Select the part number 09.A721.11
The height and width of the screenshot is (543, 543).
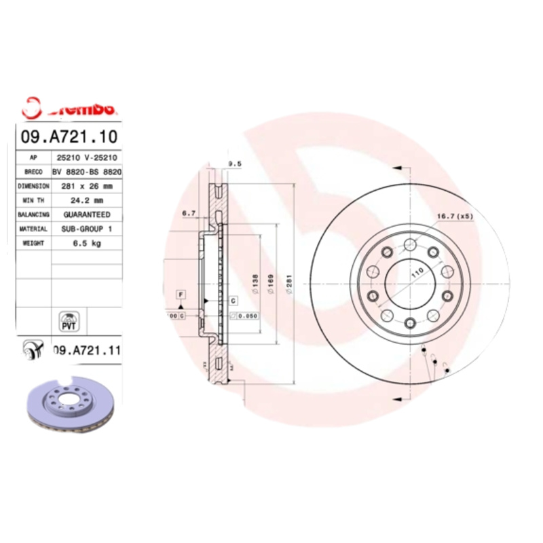tap(86, 350)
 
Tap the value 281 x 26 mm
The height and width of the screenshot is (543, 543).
tap(87, 185)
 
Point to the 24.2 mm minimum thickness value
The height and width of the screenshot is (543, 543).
tap(87, 200)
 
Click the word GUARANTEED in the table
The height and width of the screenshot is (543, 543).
tap(87, 214)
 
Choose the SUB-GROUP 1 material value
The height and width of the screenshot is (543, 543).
tap(87, 229)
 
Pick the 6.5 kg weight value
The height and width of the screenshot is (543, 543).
tap(87, 244)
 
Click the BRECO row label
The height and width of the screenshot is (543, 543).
tap(33, 171)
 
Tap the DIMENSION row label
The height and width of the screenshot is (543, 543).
tap(33, 185)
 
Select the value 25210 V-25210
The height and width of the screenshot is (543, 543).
tap(87, 157)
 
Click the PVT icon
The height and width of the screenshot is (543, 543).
tap(69, 321)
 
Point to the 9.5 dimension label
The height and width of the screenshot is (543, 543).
tap(236, 164)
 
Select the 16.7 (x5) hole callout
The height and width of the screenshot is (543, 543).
tap(454, 216)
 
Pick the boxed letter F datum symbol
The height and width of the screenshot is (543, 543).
tap(181, 294)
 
